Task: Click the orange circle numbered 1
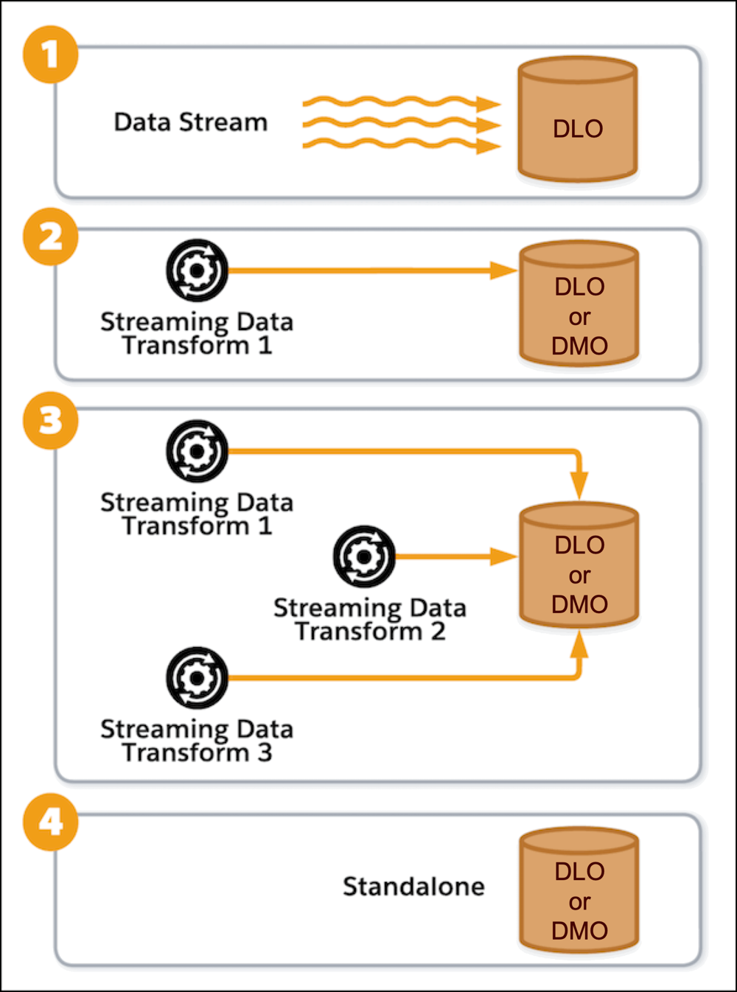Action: tap(50, 55)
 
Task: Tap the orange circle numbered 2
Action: tap(50, 237)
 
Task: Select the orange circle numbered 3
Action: tap(50, 420)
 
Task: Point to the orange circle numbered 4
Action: tap(50, 822)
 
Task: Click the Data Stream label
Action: tap(190, 122)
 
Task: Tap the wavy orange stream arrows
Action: tap(401, 124)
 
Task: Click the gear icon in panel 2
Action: tap(197, 270)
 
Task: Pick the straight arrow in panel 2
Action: tap(368, 270)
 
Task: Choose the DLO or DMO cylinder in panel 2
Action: tap(579, 304)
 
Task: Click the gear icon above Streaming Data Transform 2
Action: tap(364, 556)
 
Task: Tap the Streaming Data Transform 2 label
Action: tap(370, 619)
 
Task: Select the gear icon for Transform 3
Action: tap(197, 678)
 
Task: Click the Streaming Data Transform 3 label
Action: tap(197, 740)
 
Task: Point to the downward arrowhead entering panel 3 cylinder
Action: tap(579, 486)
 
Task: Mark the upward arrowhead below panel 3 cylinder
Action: tap(579, 645)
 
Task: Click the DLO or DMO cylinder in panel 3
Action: tap(579, 565)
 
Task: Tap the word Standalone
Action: tap(413, 887)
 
